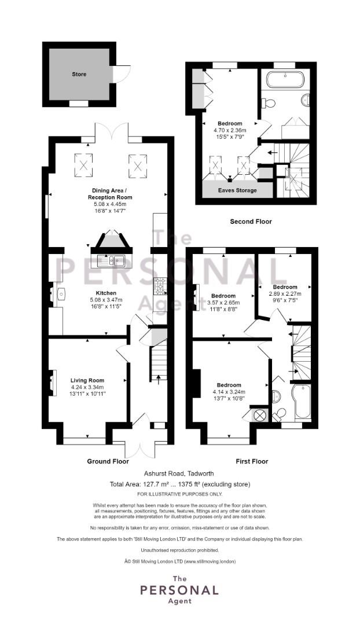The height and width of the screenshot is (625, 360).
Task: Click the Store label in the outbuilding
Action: tap(79, 74)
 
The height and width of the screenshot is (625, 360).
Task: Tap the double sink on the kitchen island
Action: tap(112, 260)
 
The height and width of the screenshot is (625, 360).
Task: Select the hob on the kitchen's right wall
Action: tap(159, 285)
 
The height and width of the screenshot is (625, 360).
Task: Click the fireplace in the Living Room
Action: tap(53, 381)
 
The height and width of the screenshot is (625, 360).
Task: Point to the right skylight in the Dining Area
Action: tap(137, 165)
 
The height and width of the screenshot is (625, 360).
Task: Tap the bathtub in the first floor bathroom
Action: tap(302, 402)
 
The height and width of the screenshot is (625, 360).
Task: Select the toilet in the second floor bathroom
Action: tap(267, 103)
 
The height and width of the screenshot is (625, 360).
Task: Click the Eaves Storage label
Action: tap(230, 190)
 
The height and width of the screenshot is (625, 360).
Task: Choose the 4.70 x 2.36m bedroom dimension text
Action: tap(230, 131)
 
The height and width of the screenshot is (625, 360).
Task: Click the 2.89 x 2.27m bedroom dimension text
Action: tap(285, 294)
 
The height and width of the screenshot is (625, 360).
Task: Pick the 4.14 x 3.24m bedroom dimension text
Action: tap(229, 392)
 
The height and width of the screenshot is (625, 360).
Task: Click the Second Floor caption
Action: tap(251, 222)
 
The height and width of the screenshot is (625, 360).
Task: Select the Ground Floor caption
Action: tap(108, 461)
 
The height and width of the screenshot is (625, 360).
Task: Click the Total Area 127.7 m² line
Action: tap(179, 484)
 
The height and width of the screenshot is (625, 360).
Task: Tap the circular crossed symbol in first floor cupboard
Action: tap(260, 414)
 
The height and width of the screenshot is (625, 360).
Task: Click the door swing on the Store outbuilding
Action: tap(122, 73)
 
